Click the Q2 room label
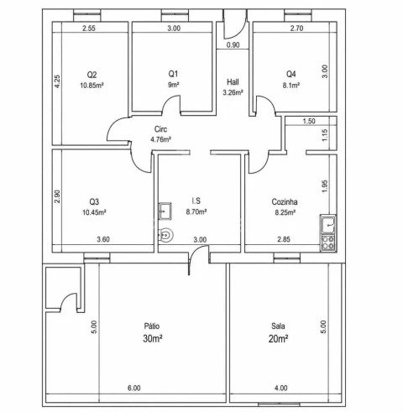click(92, 75)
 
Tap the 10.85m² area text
click(92, 86)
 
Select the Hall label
click(233, 82)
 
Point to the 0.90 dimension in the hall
click(233, 44)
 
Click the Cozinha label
click(285, 201)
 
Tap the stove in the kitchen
click(328, 243)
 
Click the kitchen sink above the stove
click(328, 225)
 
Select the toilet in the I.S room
click(166, 235)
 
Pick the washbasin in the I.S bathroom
click(165, 211)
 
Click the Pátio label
click(152, 326)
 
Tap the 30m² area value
click(153, 338)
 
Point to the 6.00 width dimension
click(134, 388)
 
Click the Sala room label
click(278, 326)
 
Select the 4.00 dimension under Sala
click(280, 388)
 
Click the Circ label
click(160, 129)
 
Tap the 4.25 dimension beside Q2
click(57, 81)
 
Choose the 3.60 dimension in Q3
click(103, 239)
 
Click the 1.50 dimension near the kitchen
click(309, 121)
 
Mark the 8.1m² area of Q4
click(291, 86)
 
